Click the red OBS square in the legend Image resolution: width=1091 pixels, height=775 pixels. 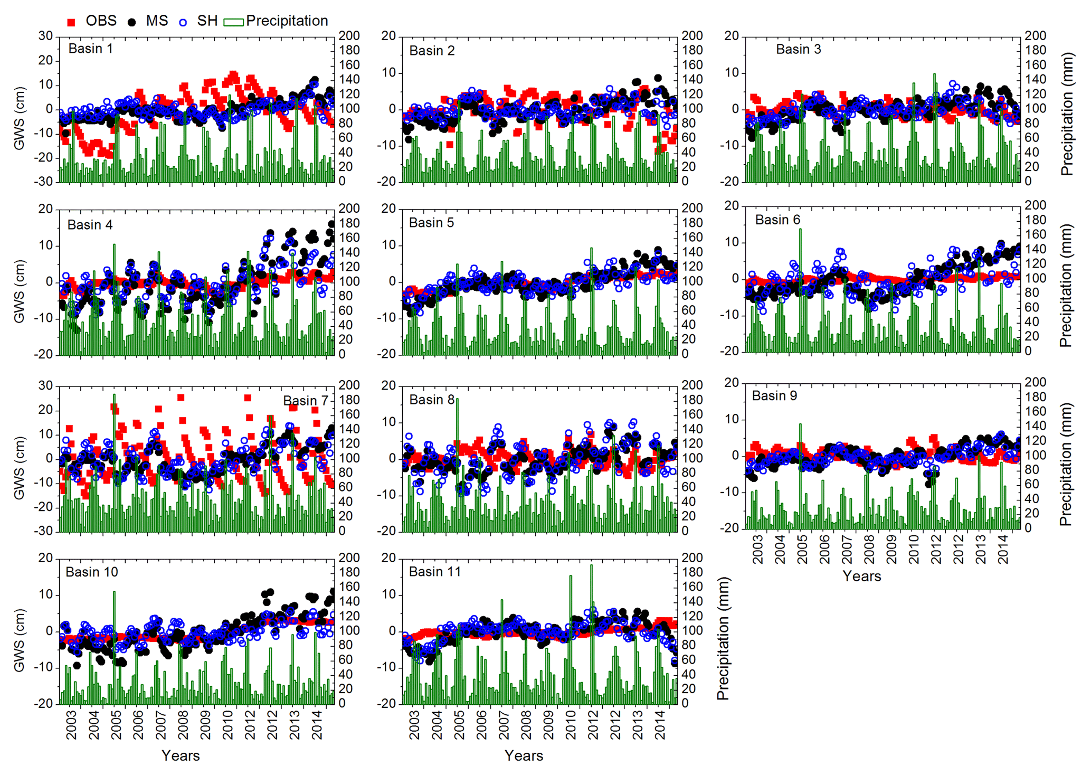[71, 22]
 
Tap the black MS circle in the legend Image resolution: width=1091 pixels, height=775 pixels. [131, 22]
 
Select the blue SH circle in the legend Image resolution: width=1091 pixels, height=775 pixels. [183, 22]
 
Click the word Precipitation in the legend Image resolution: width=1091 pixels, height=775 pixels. [287, 21]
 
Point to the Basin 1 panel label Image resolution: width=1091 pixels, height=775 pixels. [90, 49]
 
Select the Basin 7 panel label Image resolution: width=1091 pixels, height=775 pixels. [305, 401]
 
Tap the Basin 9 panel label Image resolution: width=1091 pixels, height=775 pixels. [774, 396]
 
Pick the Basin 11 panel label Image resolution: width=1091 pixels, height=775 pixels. [434, 572]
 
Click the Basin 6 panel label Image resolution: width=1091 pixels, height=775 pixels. [777, 220]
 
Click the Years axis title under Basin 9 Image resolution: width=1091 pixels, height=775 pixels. [861, 576]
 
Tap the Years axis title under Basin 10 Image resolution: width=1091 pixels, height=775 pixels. [181, 755]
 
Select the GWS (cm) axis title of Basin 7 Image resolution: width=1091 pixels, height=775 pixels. [20, 467]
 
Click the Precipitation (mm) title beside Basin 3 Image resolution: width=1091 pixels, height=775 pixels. [1067, 114]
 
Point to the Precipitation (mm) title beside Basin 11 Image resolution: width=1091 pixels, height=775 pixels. [723, 638]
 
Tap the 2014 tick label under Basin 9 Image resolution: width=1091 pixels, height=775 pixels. [1003, 550]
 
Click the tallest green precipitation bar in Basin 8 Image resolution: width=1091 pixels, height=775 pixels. [457, 465]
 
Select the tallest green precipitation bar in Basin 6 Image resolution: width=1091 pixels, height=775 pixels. [800, 290]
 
